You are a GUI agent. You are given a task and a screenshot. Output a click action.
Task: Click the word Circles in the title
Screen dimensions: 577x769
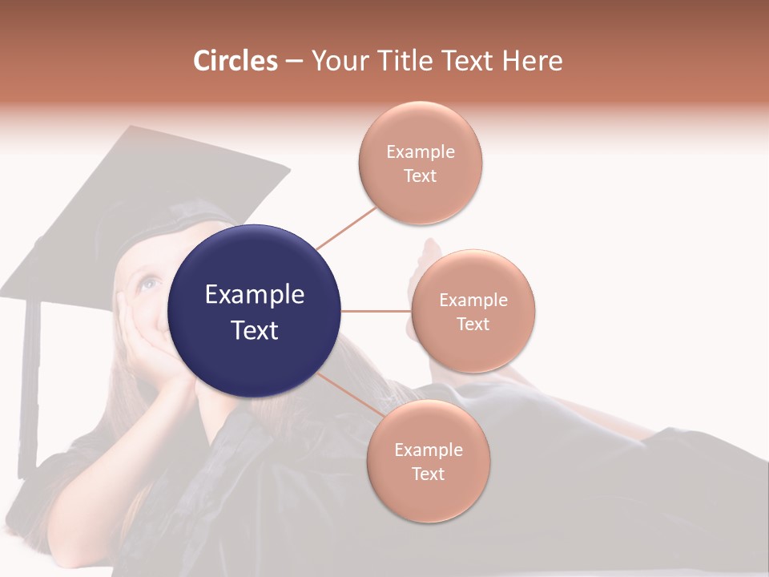pyautogui.click(x=236, y=60)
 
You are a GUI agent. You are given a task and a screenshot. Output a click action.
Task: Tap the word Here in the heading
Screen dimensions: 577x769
pyautogui.click(x=532, y=60)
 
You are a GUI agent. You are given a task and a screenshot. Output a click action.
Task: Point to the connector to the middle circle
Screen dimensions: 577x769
pyautogui.click(x=376, y=311)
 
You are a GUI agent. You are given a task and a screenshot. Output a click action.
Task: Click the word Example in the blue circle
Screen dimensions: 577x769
pyautogui.click(x=254, y=295)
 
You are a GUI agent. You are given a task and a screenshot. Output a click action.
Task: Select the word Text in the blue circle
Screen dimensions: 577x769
pyautogui.click(x=254, y=330)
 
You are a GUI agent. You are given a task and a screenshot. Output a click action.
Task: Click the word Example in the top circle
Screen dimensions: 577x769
pyautogui.click(x=421, y=151)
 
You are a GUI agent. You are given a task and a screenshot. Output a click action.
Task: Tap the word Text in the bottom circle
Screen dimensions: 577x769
pyautogui.click(x=428, y=474)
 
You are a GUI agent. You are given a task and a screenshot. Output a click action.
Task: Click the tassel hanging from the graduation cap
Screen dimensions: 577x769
pyautogui.click(x=30, y=385)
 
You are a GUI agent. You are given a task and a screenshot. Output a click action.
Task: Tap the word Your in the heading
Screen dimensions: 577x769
pyautogui.click(x=336, y=60)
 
